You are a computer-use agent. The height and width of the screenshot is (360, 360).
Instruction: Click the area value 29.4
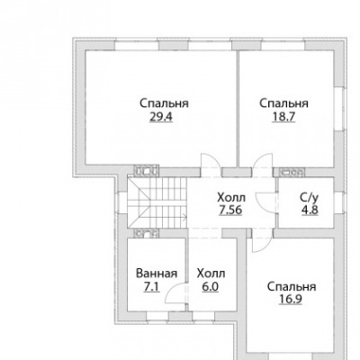coord(161,116)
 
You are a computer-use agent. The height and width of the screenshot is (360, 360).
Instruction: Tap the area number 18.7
coord(283,116)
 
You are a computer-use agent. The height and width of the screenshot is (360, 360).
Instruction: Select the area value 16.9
coord(290,299)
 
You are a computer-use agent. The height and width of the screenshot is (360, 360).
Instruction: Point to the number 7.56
coord(230,211)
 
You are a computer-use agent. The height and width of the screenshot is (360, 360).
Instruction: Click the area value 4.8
coord(310,211)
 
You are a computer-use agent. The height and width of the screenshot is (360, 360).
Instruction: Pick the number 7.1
coord(152,287)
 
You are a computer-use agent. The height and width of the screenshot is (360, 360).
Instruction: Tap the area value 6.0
coord(211,287)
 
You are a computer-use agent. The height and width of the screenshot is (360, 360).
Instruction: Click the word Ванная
coord(157,274)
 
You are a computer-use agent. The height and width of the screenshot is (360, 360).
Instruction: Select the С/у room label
coord(309,197)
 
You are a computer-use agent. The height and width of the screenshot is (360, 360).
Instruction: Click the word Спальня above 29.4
coord(164,103)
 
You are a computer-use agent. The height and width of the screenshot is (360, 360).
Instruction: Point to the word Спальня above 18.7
coord(283,103)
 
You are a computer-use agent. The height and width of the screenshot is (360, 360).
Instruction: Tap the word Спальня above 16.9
coord(292,286)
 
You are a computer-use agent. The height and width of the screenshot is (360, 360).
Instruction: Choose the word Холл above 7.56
coord(231,198)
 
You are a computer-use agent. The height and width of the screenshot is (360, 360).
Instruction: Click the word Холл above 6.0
coord(211,274)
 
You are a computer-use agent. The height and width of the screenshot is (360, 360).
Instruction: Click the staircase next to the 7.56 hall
coord(157,202)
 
